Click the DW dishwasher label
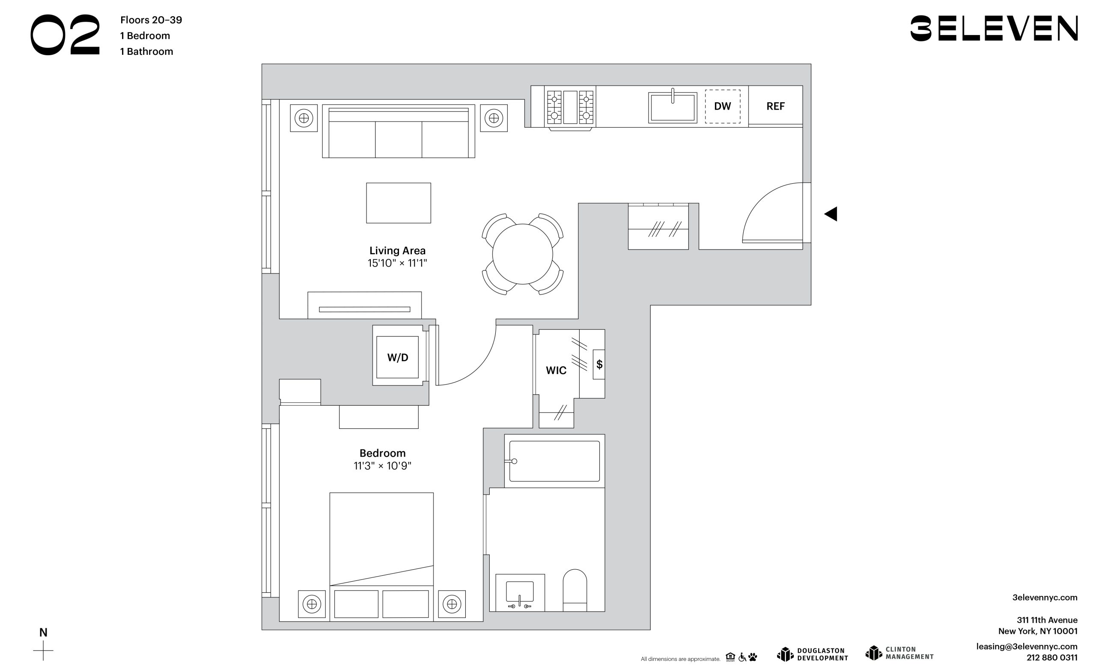point(722,106)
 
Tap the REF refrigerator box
point(775,106)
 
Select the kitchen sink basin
point(673,107)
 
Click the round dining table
point(523,254)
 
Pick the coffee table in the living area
point(399,203)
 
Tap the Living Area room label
point(397,251)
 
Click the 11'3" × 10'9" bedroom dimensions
point(383,466)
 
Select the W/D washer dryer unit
point(398,357)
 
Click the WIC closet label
point(556,371)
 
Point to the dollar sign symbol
point(599,364)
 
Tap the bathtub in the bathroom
point(554,461)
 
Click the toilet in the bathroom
point(575,590)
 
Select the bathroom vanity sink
point(520,592)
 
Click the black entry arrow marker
point(831,214)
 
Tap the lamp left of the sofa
point(304,118)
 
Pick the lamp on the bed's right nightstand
point(452,604)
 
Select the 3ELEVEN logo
point(994,28)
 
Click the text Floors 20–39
point(151,20)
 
